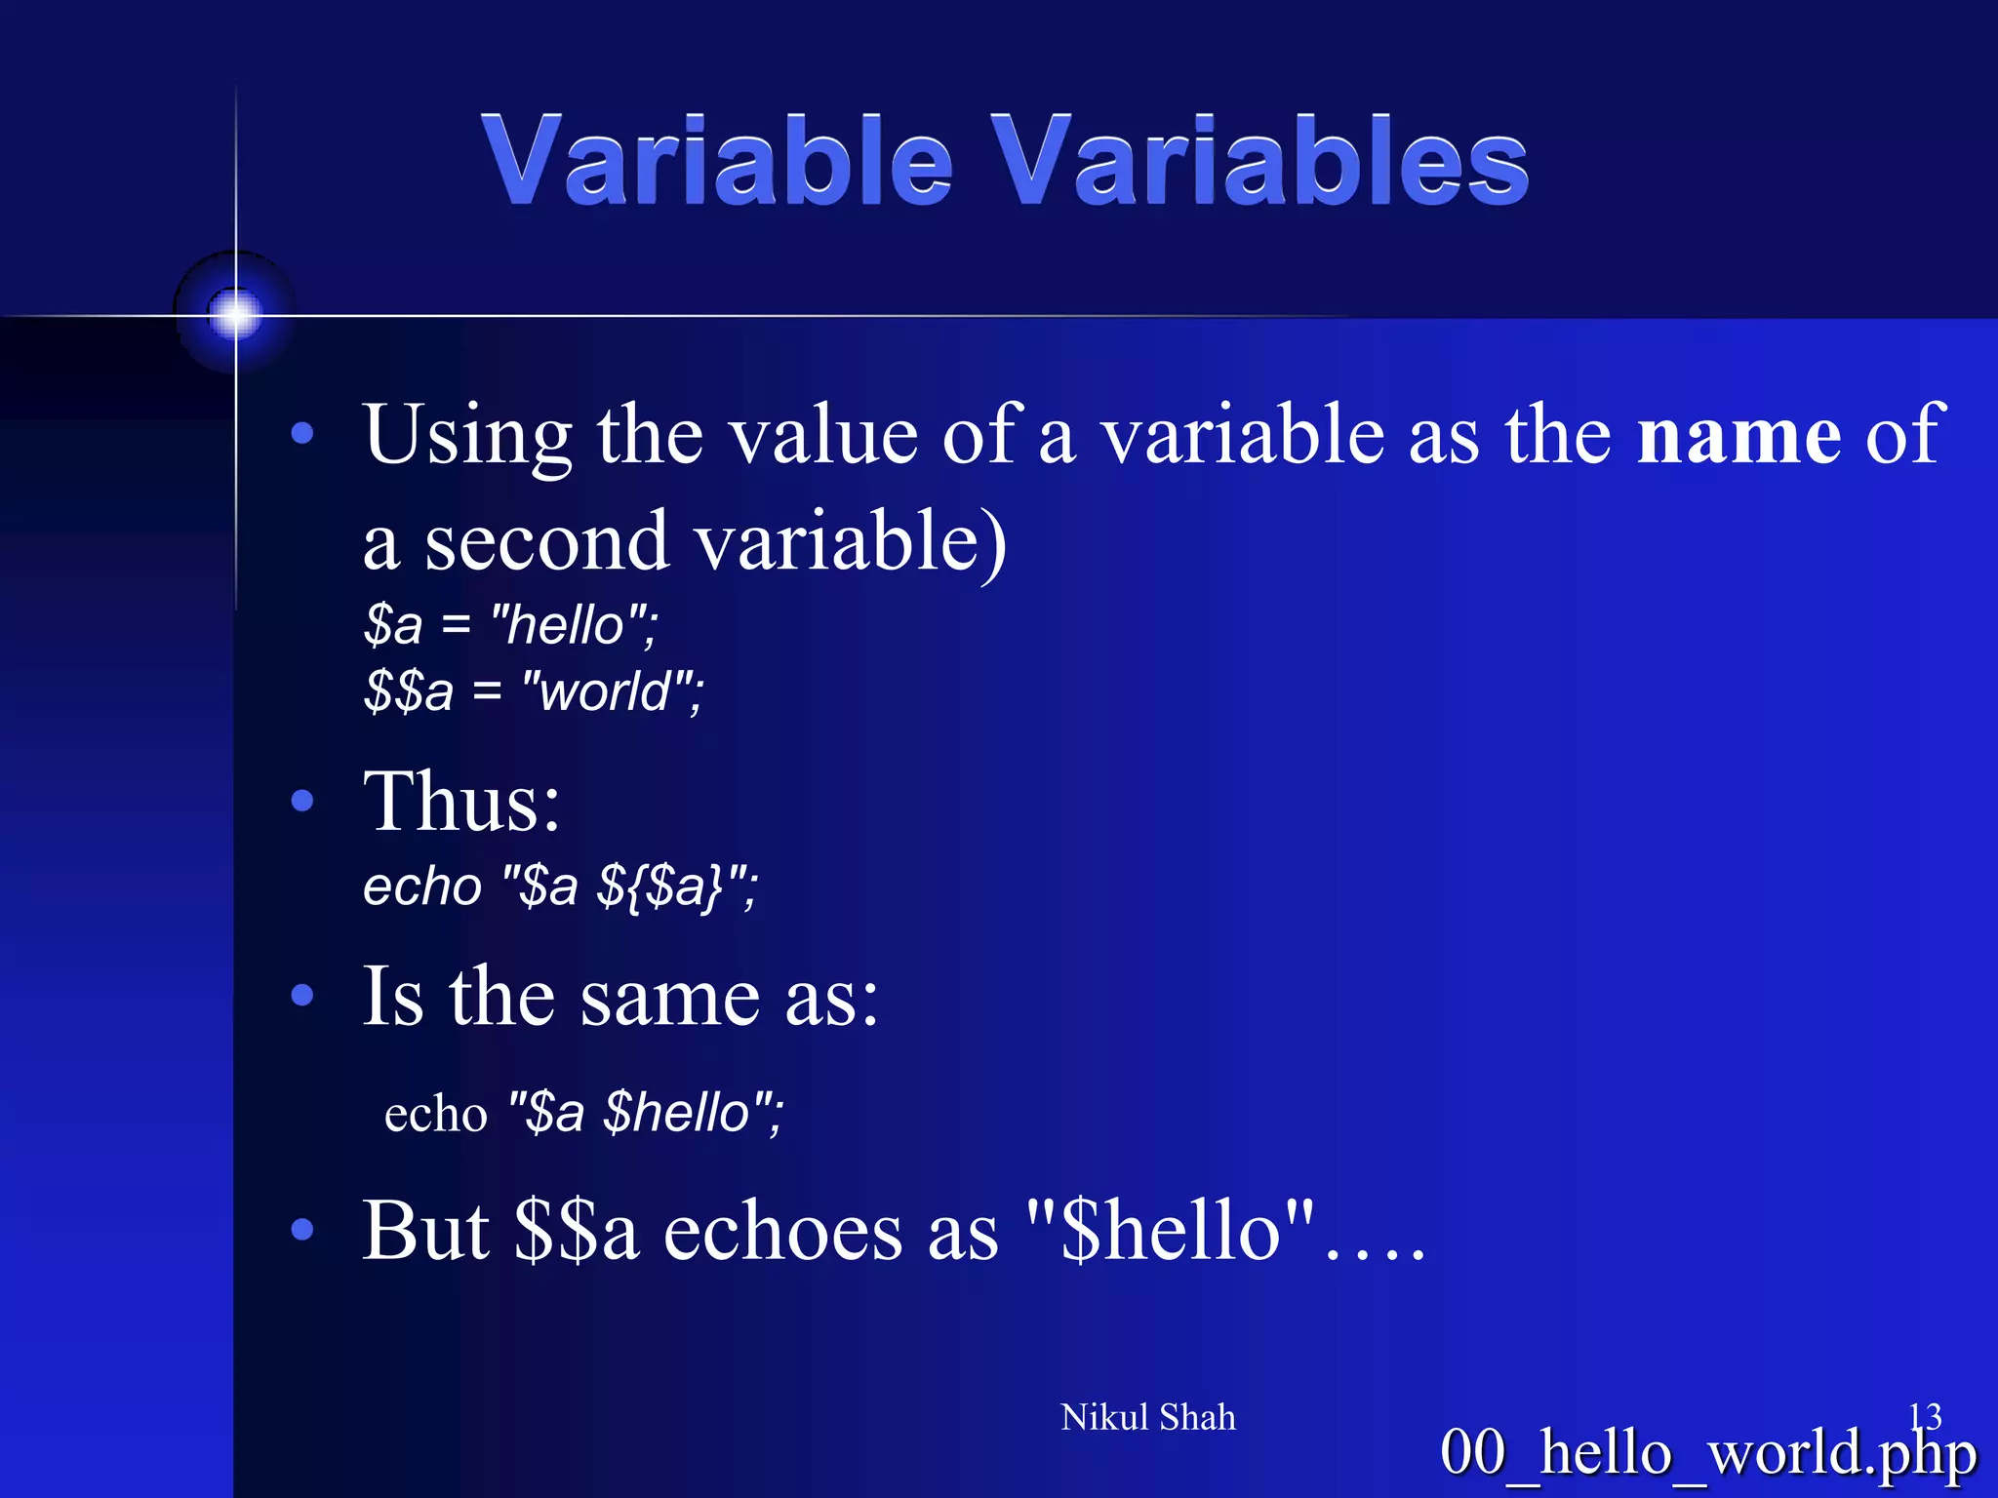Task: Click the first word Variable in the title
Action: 717,161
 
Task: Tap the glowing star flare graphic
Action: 235,314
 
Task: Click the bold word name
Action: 1738,435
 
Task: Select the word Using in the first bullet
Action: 467,435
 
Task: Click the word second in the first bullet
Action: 546,542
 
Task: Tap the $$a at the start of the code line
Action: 409,691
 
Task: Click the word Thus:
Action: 461,802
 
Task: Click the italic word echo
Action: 422,887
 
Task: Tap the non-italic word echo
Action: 435,1114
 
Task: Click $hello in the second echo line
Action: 676,1114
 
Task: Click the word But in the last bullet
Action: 425,1231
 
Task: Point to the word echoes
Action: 782,1231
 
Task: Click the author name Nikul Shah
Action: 1147,1417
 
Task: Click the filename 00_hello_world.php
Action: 1707,1453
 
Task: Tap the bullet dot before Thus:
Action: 302,802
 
